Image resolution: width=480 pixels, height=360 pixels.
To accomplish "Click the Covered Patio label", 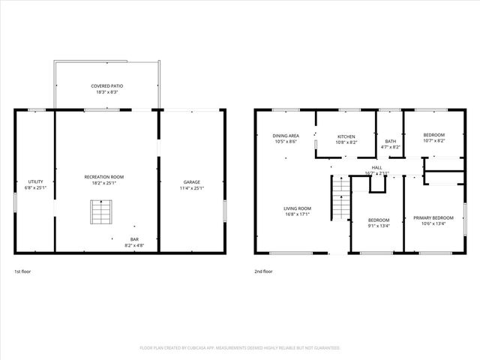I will click(x=107, y=86).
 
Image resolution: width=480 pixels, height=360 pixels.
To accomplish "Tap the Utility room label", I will click(x=35, y=181).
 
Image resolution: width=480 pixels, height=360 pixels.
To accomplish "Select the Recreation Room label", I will click(x=104, y=176).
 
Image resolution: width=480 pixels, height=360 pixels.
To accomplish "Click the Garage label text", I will click(x=192, y=181).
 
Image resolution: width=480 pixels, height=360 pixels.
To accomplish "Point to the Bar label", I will click(x=134, y=240).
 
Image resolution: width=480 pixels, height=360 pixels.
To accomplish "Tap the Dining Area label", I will click(x=286, y=136).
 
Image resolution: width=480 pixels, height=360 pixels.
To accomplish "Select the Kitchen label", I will click(x=346, y=136).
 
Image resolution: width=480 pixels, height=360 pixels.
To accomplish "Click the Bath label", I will click(x=390, y=141).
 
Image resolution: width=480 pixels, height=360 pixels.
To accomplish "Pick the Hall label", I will click(x=377, y=167).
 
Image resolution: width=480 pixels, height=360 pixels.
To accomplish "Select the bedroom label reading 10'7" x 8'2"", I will click(x=433, y=135).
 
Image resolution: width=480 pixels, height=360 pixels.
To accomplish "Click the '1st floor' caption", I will click(x=23, y=271).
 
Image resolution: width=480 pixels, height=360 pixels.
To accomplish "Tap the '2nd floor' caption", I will click(x=263, y=271).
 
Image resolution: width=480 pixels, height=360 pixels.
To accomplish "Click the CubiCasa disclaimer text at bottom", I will click(x=240, y=348).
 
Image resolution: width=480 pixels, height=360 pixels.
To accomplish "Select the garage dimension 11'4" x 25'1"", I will click(x=192, y=187).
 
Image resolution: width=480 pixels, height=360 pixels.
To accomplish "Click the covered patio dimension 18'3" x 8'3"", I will click(x=107, y=92).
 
